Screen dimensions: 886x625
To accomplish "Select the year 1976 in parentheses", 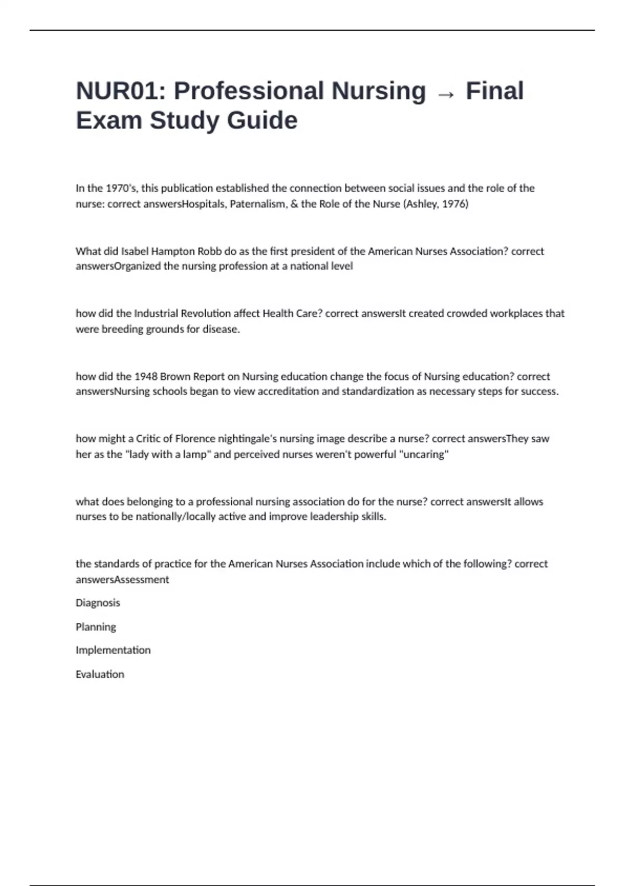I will click(x=454, y=204).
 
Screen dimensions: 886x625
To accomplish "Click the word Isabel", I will click(x=134, y=251).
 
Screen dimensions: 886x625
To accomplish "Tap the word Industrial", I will click(x=156, y=313).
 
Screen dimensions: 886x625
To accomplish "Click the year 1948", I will click(x=146, y=376).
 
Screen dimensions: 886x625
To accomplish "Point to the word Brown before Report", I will click(x=175, y=376).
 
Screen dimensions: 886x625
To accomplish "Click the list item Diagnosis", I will click(x=98, y=603).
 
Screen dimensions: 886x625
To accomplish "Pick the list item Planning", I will click(x=96, y=627).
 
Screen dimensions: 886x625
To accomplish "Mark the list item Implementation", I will click(x=113, y=650).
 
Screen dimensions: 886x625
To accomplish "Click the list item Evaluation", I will click(x=100, y=674).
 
